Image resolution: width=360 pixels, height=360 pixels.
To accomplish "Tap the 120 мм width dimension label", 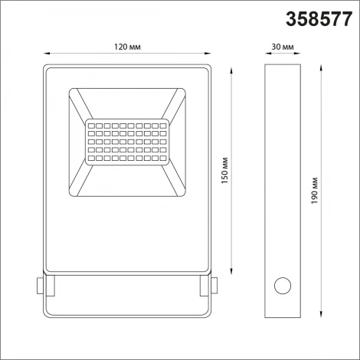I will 127,47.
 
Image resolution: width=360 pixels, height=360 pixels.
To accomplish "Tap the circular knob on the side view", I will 282,286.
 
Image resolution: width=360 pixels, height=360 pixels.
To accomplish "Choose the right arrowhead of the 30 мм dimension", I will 299,54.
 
